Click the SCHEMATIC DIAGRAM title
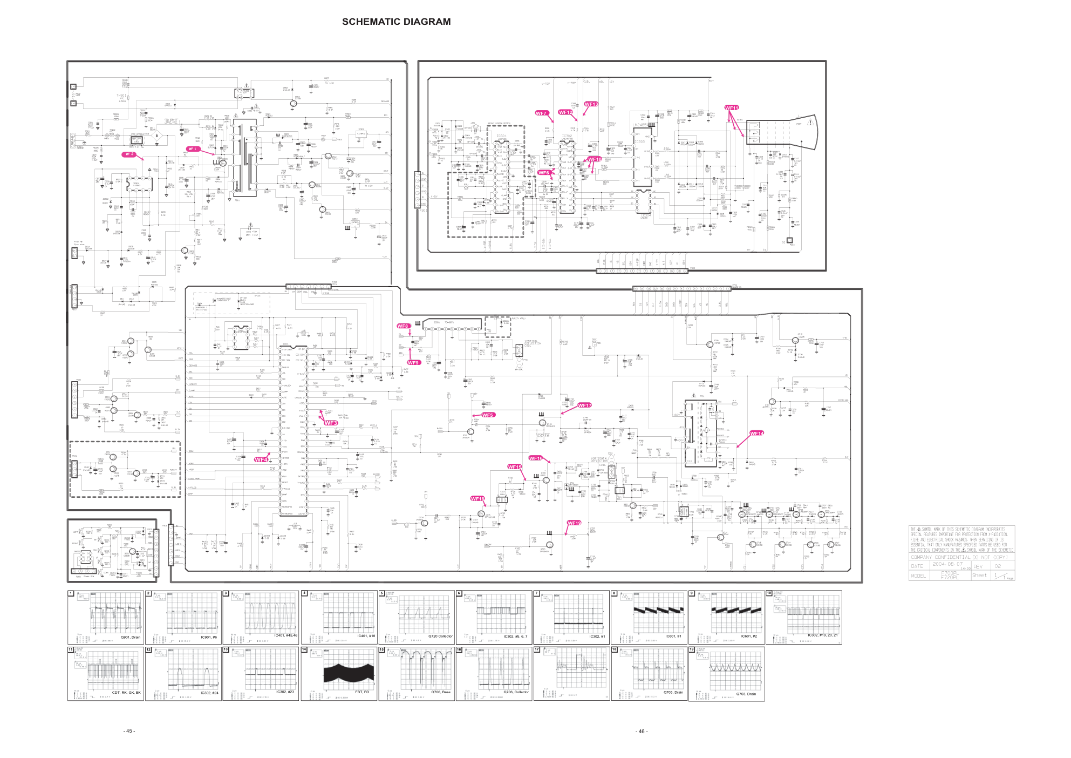[396, 22]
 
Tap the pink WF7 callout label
[541, 113]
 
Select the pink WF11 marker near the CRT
[731, 108]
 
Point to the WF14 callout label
[757, 434]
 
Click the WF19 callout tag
[574, 523]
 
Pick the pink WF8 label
[403, 326]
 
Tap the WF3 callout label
[331, 423]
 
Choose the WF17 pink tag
[584, 405]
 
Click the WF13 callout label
[591, 104]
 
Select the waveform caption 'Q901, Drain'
[130, 637]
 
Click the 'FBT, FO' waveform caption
[362, 692]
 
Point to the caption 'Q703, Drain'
[746, 694]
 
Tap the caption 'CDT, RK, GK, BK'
[126, 692]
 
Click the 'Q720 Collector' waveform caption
[440, 636]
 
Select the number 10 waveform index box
[769, 593]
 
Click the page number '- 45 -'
[129, 731]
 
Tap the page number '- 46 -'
[642, 731]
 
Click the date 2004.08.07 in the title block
[947, 564]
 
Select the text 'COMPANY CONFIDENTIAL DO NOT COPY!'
[959, 557]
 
